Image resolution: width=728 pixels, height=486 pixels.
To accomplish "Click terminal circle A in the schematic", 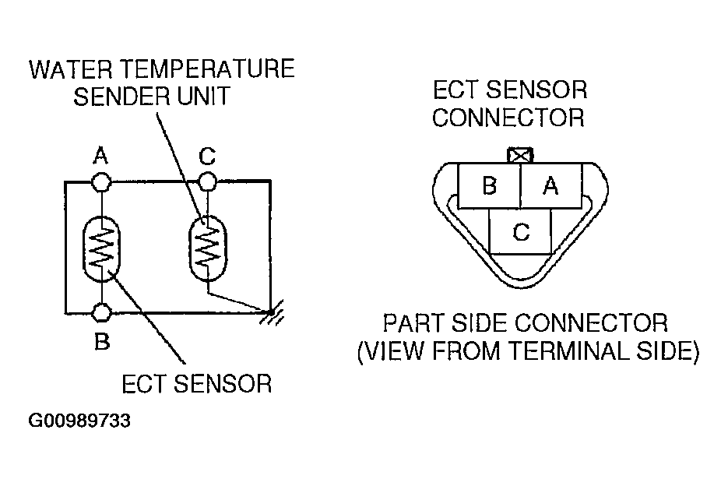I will (x=100, y=183).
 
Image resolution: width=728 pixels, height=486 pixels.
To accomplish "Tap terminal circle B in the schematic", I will (x=100, y=312).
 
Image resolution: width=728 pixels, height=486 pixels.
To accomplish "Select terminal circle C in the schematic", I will (x=206, y=183).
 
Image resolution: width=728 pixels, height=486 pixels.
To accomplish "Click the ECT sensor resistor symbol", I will (x=101, y=248).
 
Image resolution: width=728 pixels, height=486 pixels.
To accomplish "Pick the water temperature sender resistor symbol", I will (x=206, y=242).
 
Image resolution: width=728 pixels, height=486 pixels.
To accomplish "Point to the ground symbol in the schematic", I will (x=269, y=314).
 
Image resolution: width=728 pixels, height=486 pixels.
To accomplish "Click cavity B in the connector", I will (x=489, y=187).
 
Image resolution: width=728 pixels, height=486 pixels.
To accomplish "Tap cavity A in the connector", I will (x=550, y=187).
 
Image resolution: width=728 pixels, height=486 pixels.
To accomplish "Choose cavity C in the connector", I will (x=521, y=231).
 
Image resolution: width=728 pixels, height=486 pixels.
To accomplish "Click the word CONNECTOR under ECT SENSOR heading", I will (x=508, y=118).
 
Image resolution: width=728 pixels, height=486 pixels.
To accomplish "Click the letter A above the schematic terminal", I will (x=100, y=157).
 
